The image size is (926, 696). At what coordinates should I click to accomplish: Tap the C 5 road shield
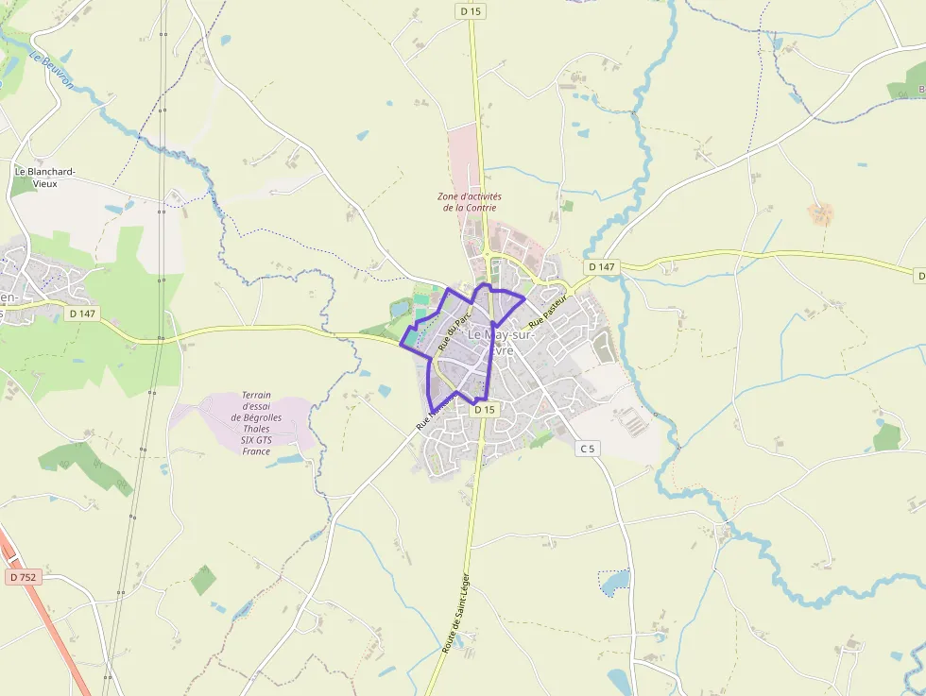588,449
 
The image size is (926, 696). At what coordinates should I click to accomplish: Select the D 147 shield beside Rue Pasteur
601,267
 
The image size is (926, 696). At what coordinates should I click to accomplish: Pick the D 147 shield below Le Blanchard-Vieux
83,313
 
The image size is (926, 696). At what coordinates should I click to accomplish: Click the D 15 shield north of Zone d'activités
470,10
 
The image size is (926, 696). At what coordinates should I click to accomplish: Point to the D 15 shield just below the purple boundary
484,410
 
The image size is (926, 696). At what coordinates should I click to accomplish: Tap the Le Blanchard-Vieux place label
44,177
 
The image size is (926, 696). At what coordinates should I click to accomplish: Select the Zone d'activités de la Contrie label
469,202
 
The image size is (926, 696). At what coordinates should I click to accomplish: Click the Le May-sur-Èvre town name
501,342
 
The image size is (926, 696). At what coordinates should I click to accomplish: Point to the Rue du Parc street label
454,331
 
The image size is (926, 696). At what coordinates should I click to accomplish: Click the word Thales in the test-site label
256,429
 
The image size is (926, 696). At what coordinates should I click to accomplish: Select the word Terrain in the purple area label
256,395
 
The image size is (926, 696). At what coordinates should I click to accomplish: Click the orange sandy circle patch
820,213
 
